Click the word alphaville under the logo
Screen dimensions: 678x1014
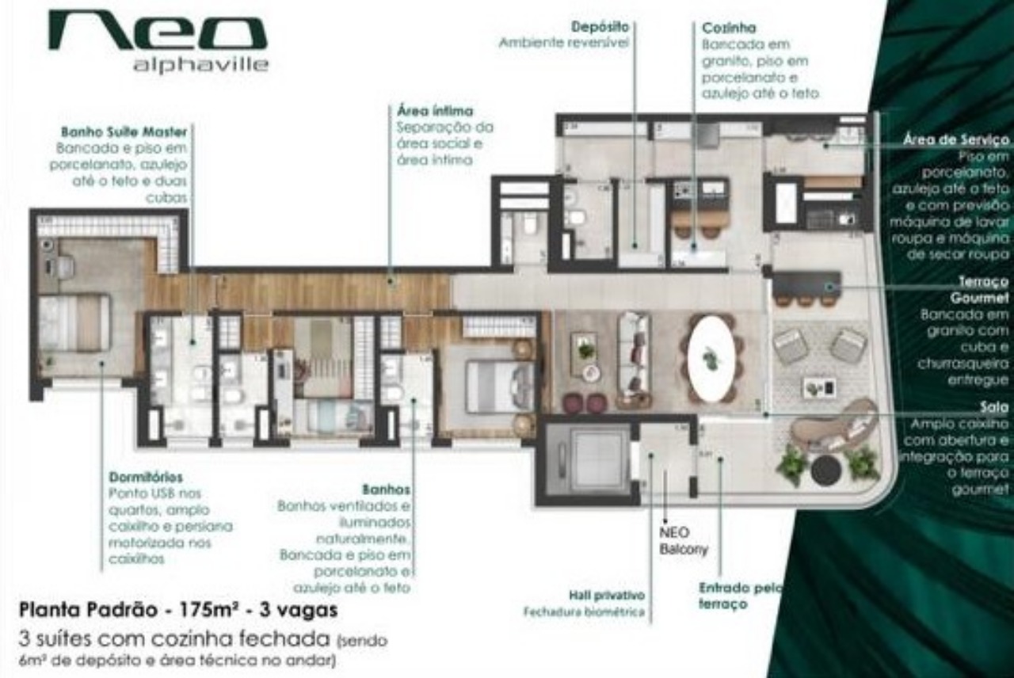click(200, 65)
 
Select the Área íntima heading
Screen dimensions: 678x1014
click(435, 111)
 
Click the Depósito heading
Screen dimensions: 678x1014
click(600, 27)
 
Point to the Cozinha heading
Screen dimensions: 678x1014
click(729, 29)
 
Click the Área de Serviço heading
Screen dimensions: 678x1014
click(956, 140)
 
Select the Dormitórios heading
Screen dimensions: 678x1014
click(145, 478)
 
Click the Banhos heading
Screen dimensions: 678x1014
click(386, 489)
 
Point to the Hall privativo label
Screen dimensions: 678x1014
click(606, 595)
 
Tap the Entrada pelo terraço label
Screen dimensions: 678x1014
click(740, 596)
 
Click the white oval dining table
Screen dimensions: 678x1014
click(711, 358)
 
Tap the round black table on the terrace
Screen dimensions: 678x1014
click(825, 470)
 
